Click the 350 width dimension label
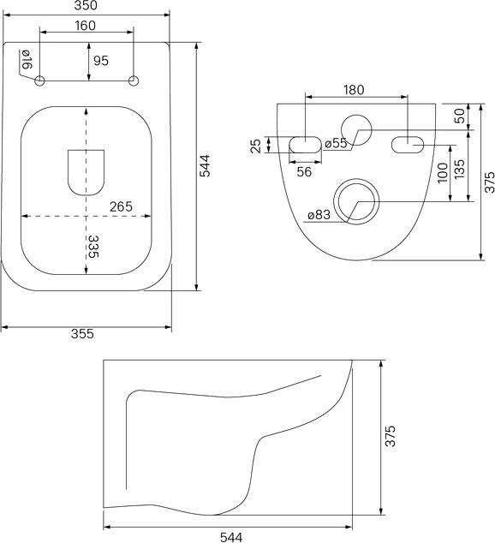click(x=86, y=5)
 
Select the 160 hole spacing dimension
click(x=85, y=26)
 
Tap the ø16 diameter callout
click(x=27, y=59)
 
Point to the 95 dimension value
click(x=101, y=61)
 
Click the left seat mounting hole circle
click(x=39, y=81)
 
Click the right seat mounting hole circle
click(x=134, y=81)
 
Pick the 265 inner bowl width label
click(x=121, y=206)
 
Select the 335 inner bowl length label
click(x=93, y=247)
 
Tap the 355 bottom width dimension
click(x=82, y=334)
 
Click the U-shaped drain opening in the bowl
click(x=86, y=172)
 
